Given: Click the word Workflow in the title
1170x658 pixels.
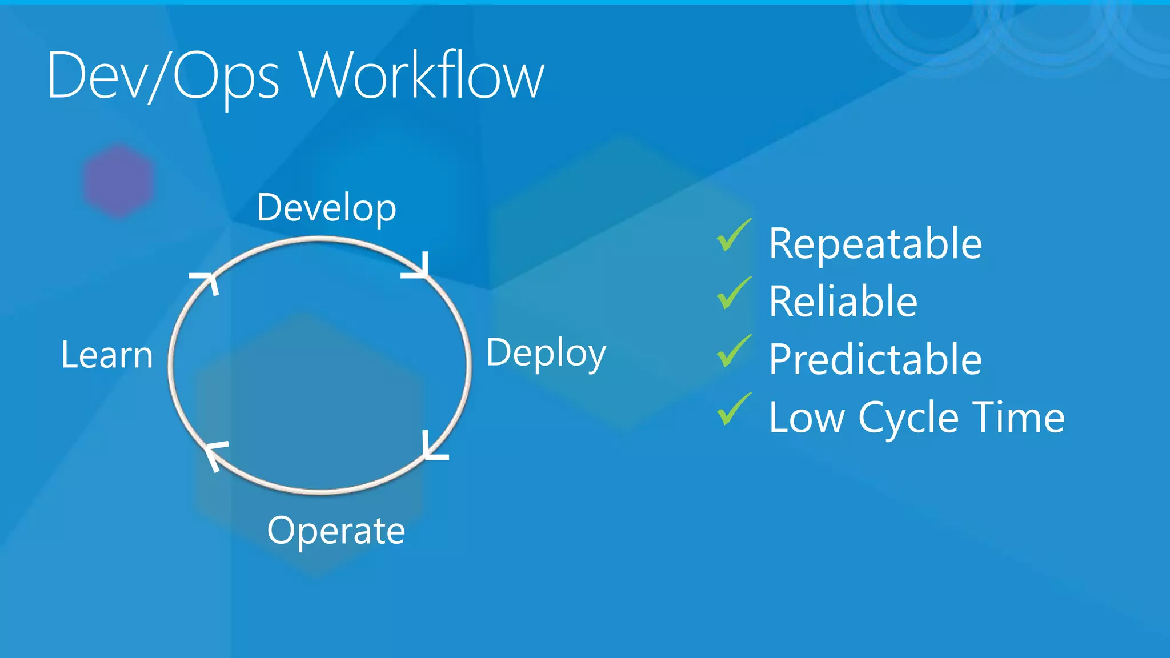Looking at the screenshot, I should (423, 76).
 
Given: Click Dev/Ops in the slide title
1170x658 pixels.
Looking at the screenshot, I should (163, 76).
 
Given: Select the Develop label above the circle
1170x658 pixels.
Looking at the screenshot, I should (326, 208).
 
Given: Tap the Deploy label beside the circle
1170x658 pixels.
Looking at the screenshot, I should (546, 353).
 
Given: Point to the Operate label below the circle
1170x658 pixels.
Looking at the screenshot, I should (336, 531).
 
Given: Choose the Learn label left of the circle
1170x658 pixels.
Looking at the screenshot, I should (107, 355).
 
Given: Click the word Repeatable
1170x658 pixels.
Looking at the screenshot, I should (875, 244).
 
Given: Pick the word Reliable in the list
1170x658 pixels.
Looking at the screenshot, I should (843, 302).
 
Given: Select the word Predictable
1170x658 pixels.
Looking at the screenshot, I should (875, 359).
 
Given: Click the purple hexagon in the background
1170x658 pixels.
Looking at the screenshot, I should (119, 180).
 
